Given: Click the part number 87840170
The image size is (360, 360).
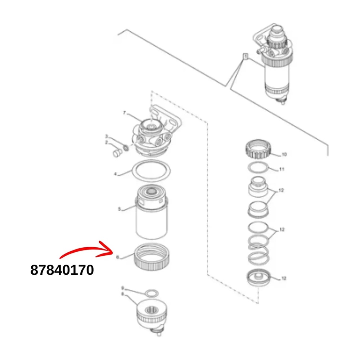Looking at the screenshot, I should [62, 270].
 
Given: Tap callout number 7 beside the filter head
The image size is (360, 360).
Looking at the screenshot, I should [125, 113].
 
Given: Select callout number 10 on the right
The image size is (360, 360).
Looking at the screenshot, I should [284, 155].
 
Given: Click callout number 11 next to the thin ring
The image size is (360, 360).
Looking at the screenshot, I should [282, 169].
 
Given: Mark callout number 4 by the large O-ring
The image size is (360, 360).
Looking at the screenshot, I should [116, 174].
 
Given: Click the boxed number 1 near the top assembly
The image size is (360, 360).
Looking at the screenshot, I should [245, 56].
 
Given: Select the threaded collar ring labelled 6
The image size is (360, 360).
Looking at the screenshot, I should [152, 256].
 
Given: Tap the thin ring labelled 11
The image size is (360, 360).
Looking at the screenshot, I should [258, 168].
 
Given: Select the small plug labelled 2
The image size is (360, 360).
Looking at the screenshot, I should [116, 154].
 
